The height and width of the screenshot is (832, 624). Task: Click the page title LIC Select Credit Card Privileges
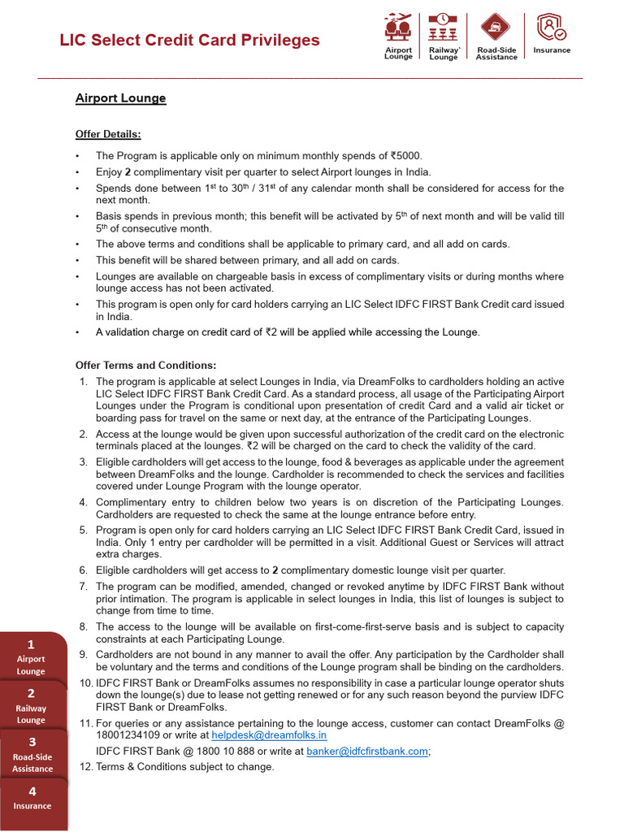click(189, 40)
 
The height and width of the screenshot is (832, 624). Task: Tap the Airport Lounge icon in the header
click(397, 28)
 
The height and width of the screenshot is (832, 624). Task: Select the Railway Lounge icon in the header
click(444, 28)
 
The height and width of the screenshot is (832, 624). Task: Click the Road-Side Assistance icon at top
click(496, 28)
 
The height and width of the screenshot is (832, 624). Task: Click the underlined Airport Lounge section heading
click(120, 98)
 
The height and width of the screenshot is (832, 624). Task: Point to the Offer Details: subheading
click(108, 134)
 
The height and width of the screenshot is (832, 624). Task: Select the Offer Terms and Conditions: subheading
click(146, 366)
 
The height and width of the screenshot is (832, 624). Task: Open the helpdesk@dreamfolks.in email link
click(280, 735)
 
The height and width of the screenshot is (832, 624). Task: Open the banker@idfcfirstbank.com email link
click(367, 752)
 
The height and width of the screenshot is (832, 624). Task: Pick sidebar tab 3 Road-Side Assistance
click(32, 755)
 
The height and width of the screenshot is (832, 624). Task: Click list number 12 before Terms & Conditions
click(84, 767)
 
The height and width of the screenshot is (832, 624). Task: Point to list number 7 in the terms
click(84, 587)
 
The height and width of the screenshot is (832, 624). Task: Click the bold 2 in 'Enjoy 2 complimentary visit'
click(128, 172)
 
